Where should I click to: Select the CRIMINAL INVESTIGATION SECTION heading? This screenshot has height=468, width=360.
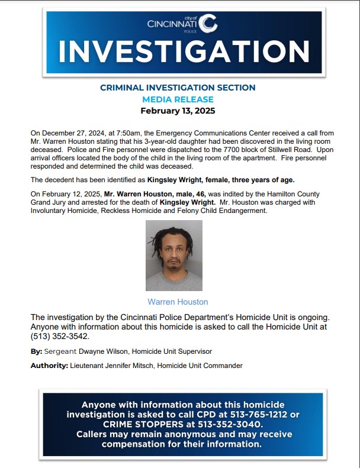[178, 88]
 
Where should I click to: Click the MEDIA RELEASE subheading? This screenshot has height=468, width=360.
[178, 99]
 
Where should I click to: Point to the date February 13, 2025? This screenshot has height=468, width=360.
[178, 111]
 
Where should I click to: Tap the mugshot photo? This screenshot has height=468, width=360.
[174, 255]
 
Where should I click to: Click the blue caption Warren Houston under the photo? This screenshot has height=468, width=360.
[178, 302]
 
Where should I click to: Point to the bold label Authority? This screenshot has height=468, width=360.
[49, 366]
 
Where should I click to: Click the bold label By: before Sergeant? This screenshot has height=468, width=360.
[36, 351]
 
